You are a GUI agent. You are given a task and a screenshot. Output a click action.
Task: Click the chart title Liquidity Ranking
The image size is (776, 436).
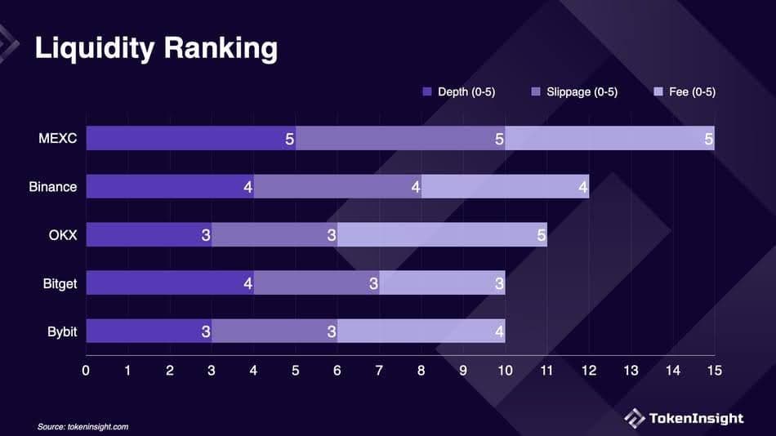(155, 48)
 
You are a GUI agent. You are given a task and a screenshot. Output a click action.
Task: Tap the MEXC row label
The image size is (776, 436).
(57, 138)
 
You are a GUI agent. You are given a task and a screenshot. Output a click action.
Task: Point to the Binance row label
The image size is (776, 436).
(52, 186)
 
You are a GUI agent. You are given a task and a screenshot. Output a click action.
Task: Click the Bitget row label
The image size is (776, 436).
(60, 283)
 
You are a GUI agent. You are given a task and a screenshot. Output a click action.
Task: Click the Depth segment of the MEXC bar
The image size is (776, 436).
(190, 138)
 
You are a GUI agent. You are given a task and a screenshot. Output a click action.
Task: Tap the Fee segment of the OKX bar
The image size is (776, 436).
(442, 234)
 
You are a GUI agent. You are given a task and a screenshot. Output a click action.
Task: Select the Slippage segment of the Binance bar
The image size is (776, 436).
(337, 186)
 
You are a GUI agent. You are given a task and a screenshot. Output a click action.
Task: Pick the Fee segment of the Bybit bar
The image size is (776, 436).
(421, 331)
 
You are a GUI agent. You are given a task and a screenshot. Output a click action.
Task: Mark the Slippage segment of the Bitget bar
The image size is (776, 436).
(316, 283)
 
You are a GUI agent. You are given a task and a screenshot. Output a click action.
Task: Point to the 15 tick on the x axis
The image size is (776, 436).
(714, 371)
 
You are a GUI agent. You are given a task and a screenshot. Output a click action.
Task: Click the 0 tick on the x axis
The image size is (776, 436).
(86, 371)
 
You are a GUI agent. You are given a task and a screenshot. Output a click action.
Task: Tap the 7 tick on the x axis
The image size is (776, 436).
(379, 371)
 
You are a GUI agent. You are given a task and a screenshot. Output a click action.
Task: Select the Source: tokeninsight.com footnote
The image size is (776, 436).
(83, 426)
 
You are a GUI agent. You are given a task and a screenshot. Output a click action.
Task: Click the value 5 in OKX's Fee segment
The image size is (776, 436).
(541, 235)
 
